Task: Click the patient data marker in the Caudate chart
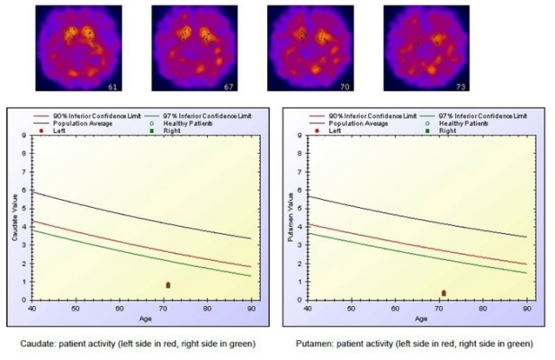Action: (168, 285)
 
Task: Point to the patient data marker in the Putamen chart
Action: (443, 292)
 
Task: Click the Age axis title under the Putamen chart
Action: (420, 318)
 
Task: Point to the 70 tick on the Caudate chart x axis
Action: (164, 309)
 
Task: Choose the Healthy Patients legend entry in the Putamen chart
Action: (461, 123)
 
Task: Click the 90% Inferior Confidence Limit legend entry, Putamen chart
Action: (369, 116)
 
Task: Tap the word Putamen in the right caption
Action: (316, 342)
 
